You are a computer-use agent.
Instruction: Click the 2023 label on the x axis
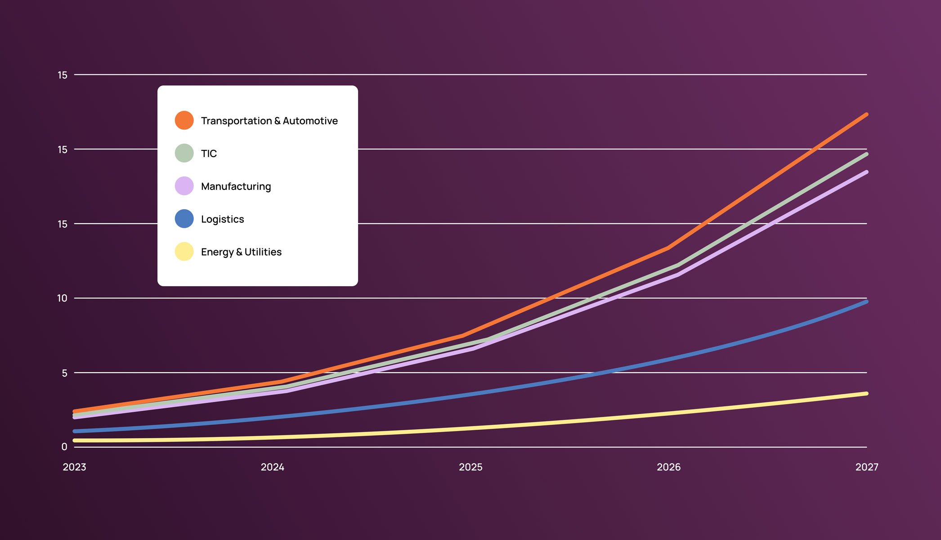pos(74,467)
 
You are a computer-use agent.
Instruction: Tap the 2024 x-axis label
pos(272,467)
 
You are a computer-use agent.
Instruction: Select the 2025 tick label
pos(470,467)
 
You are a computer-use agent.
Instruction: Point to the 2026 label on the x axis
pos(668,467)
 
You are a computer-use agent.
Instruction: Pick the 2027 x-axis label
pos(866,467)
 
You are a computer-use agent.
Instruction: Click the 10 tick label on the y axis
pos(62,298)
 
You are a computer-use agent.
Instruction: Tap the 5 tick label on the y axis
pos(64,373)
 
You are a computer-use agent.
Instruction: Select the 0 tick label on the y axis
pos(64,447)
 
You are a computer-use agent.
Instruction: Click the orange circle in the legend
pos(184,120)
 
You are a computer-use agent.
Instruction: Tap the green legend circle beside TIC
pos(184,153)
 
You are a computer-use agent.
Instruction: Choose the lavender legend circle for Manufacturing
pos(184,186)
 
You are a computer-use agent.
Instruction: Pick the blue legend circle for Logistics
pos(184,219)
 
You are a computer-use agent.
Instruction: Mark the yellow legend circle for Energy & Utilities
pos(184,252)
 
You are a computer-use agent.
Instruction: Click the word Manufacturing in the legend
pos(236,186)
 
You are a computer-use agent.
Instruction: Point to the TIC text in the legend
pos(209,153)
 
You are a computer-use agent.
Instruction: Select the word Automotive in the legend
pos(310,121)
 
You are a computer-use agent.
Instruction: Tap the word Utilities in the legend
pos(263,252)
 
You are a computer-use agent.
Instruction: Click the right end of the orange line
pos(866,115)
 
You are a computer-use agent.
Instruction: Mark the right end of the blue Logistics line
pos(866,301)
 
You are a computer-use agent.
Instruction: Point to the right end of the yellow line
pos(866,394)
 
